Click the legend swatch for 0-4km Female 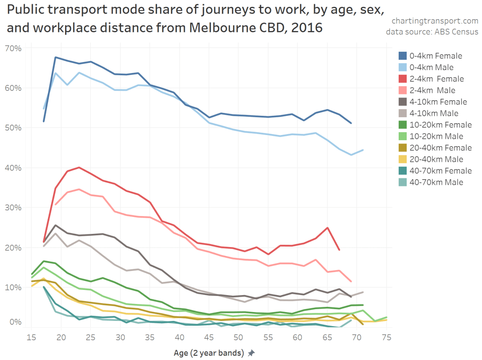pos(402,56)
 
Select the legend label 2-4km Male pos(433,90)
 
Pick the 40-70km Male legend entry pos(436,182)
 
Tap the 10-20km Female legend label pos(440,125)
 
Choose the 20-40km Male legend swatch pos(402,159)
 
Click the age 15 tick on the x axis pos(32,337)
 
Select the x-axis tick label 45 pos(209,337)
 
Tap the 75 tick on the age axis pos(387,337)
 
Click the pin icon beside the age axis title pos(251,352)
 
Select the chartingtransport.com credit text pos(434,21)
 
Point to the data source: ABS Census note pos(432,32)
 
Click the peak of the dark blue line pos(56,57)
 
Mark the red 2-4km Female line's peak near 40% pos(79,167)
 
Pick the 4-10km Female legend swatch pos(402,102)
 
